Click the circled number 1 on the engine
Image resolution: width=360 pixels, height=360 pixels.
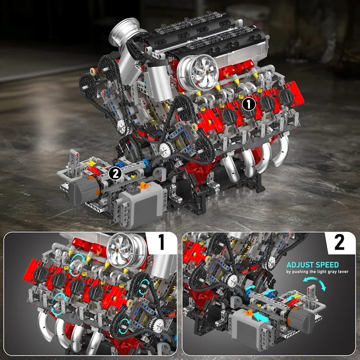pos(248,104)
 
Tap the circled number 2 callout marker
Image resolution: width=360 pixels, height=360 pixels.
pos(114,174)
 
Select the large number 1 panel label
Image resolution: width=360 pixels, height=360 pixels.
pos(162,242)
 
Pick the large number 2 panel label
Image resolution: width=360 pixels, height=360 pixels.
pos(339,242)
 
